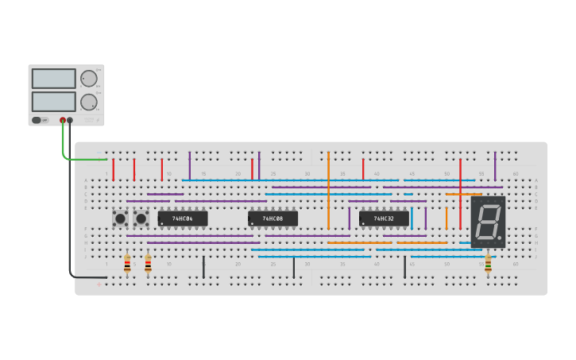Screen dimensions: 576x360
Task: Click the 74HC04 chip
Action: tap(183, 219)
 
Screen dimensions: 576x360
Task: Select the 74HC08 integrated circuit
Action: tap(273, 219)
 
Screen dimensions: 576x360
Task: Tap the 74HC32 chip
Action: tap(384, 219)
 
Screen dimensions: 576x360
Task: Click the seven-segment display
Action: tap(488, 222)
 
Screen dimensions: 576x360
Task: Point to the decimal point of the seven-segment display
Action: tap(501, 238)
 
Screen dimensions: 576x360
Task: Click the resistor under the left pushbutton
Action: tap(127, 265)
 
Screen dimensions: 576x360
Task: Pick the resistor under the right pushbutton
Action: tap(148, 265)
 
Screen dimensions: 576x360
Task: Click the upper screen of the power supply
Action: tap(54, 79)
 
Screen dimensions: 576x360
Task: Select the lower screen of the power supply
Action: tap(54, 102)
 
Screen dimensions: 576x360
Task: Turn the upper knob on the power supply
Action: tap(88, 78)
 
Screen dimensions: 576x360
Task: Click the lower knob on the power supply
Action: tap(88, 102)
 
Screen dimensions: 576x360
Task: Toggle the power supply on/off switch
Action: tap(37, 121)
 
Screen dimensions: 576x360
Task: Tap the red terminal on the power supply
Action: tap(63, 121)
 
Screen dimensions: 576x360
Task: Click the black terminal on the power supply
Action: tap(70, 121)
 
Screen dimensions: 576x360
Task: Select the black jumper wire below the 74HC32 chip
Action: tap(404, 266)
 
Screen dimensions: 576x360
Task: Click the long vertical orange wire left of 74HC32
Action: tap(328, 191)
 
